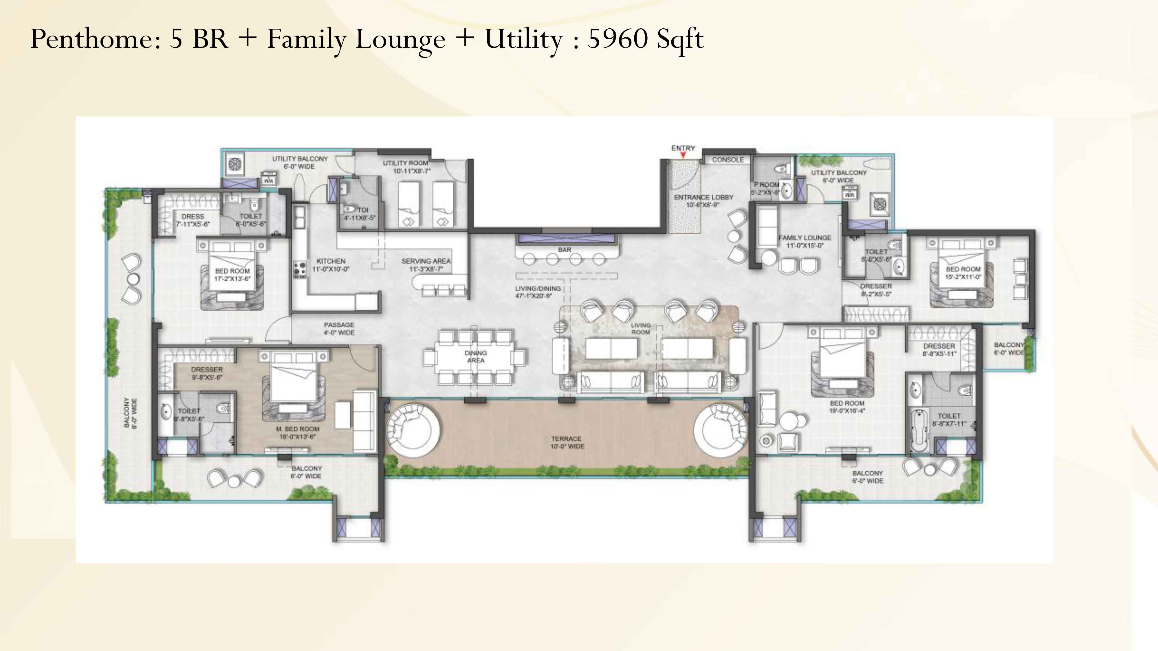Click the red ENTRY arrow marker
click(683, 155)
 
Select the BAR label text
click(565, 249)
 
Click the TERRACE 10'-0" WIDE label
click(567, 442)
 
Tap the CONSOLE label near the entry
click(728, 159)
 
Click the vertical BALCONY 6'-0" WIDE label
click(130, 412)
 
